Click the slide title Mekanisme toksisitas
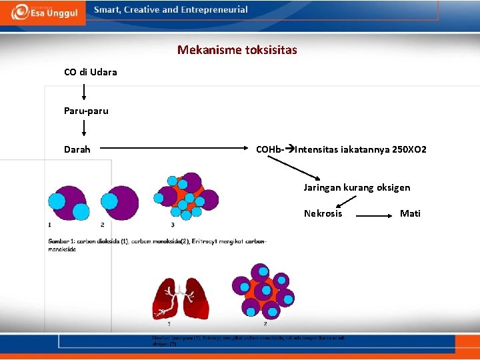(x=237, y=50)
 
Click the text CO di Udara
(x=90, y=72)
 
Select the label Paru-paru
(x=86, y=111)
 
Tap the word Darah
(x=77, y=149)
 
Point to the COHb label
(x=269, y=149)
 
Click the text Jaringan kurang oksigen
(x=357, y=187)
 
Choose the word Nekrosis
(x=323, y=213)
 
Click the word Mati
(x=410, y=213)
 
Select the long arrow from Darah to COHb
(x=173, y=149)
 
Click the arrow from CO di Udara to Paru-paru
(x=84, y=91)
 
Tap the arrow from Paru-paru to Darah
(x=84, y=128)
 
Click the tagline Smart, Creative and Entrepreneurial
(x=171, y=10)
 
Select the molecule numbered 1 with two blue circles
(x=67, y=202)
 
